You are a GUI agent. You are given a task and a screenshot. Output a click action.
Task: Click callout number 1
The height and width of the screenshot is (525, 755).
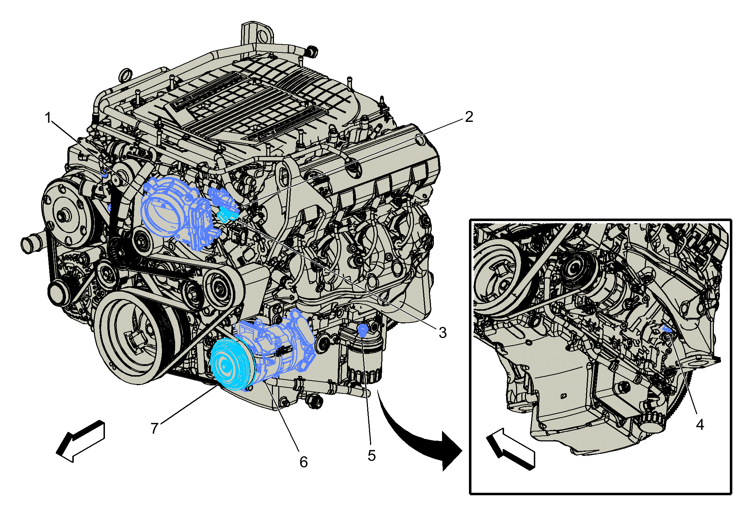48,118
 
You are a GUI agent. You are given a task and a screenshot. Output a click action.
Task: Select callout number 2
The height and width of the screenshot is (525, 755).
469,117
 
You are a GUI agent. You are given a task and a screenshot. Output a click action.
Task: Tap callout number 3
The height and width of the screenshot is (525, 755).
443,333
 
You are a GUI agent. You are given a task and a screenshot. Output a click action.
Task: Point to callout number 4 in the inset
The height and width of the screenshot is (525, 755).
700,424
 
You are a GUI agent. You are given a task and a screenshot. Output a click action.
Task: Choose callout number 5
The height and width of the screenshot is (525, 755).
371,456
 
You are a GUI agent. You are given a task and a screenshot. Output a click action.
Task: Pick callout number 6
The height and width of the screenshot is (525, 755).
303,462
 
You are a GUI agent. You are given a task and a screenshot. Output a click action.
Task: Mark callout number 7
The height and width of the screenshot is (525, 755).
154,428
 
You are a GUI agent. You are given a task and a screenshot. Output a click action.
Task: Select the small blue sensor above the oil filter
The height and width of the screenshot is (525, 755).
362,330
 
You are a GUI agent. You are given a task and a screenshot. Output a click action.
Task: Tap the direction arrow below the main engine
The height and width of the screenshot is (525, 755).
81,441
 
